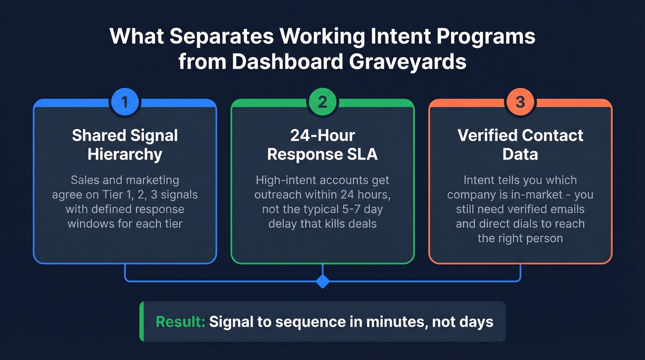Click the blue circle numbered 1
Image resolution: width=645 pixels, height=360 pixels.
click(124, 102)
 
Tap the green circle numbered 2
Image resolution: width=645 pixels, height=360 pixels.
click(322, 102)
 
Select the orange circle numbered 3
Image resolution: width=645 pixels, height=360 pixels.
click(520, 102)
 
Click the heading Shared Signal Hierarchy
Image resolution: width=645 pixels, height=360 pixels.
click(125, 145)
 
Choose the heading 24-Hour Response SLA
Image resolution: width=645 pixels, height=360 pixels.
click(322, 145)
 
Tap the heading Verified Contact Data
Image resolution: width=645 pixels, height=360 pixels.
click(520, 145)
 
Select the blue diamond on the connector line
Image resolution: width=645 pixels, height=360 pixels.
click(322, 281)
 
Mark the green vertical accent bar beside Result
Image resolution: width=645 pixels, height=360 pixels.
click(142, 321)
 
